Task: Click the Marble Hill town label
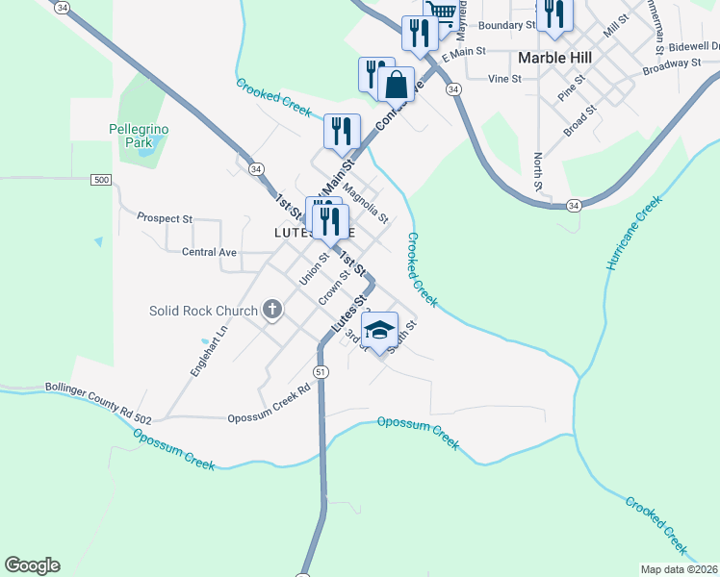[x=554, y=58]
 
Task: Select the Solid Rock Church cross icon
[x=272, y=310]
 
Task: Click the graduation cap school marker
[x=380, y=330]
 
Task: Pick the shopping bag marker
[x=397, y=85]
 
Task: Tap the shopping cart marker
[x=440, y=10]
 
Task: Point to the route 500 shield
[x=101, y=180]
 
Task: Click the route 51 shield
[x=321, y=371]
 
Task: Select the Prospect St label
[x=166, y=218]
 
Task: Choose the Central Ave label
[x=209, y=252]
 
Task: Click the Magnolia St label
[x=365, y=204]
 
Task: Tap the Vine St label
[x=503, y=79]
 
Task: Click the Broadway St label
[x=672, y=63]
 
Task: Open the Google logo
[x=32, y=565]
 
